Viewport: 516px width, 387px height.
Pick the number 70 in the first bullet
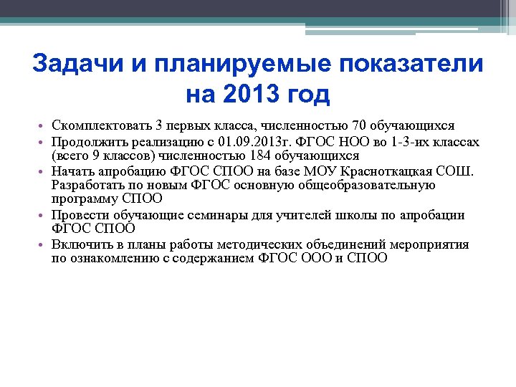click(349, 126)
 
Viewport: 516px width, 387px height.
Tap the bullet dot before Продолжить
click(44, 143)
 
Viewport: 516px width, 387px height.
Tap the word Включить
click(81, 244)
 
